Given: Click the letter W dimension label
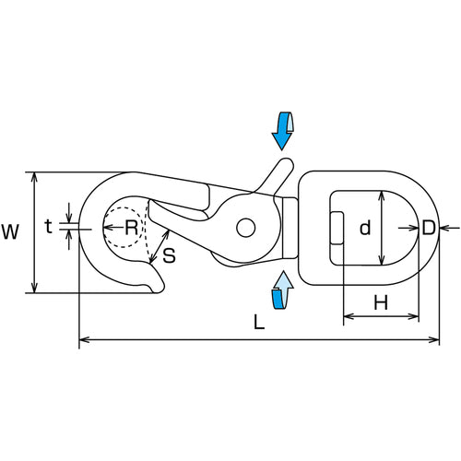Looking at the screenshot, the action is pos(10,231).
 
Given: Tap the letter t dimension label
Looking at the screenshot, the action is pos(48,227).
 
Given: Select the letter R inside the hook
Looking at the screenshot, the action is pos(132,228).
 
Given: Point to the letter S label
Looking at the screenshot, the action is pos(169,255).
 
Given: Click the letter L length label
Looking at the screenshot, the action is pos(259,323).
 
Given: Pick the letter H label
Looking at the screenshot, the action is pos(381,302).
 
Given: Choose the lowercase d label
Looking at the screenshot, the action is pos(365,228).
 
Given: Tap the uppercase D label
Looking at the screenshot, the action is pos(429,228).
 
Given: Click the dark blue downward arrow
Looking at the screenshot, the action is pos(282,131).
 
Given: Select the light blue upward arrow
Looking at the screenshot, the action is pos(282,290).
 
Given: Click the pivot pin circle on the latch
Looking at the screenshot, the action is pos(246,228).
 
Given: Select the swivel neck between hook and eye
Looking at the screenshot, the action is pos(290,228).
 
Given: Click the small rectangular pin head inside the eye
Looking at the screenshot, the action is pos(337,228).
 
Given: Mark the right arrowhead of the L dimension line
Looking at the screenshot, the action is pos(435,339).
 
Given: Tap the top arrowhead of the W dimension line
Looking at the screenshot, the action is pos(35,176).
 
